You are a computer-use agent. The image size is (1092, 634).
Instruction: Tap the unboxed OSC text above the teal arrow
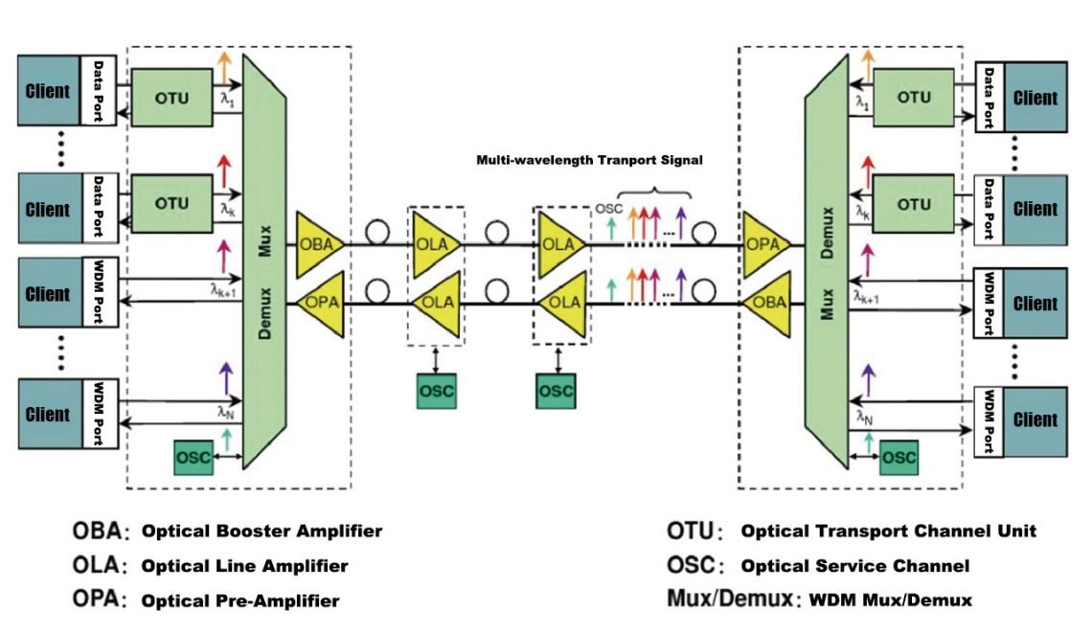[606, 208]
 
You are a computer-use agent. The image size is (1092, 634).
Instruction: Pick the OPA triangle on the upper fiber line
[764, 244]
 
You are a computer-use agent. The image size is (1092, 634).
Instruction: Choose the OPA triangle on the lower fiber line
[320, 303]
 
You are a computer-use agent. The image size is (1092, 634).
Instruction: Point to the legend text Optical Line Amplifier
[244, 566]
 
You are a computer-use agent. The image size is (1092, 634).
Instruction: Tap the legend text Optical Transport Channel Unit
[888, 531]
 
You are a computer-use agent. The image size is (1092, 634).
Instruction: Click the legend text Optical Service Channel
[855, 566]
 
